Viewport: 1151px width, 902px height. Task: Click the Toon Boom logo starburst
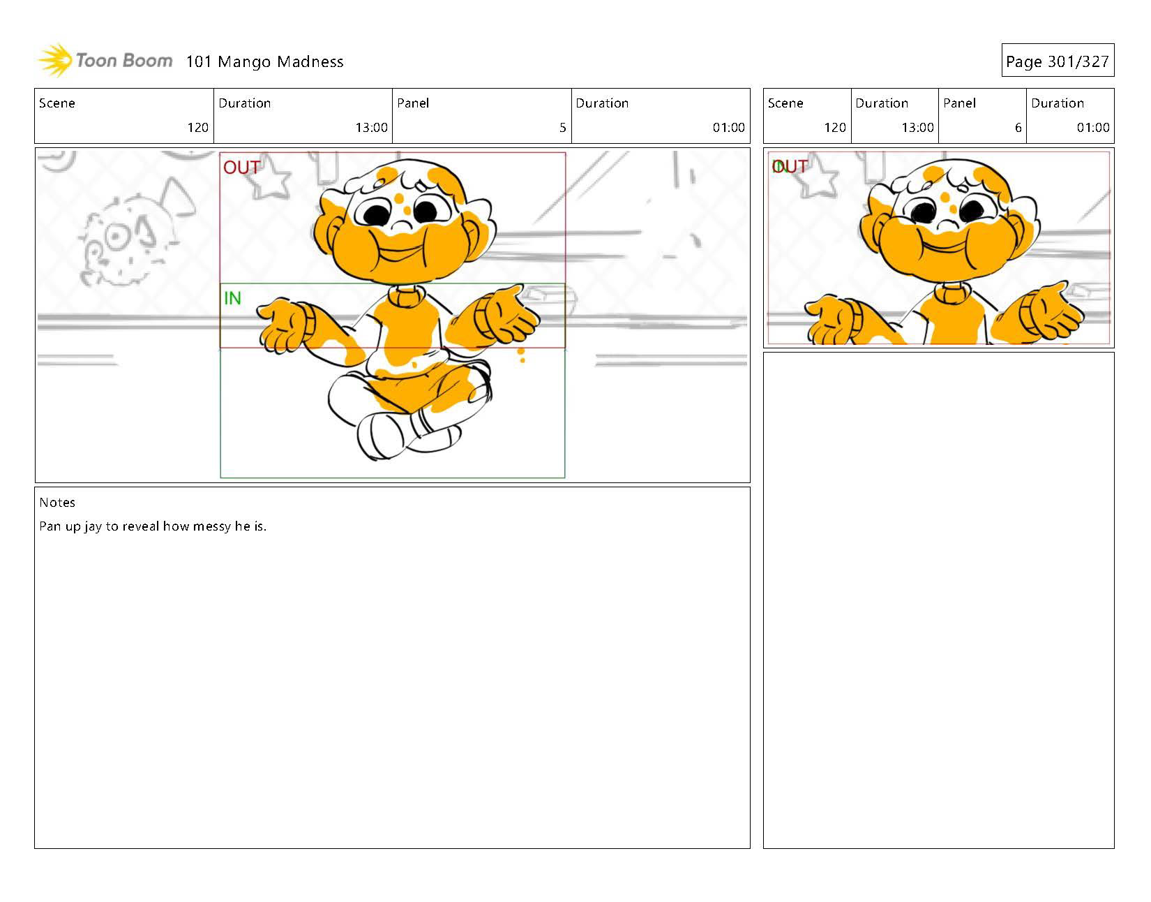(55, 60)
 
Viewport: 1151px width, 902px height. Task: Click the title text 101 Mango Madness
(264, 62)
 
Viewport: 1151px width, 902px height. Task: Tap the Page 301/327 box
(1058, 60)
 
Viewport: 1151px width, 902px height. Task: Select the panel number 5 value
(562, 128)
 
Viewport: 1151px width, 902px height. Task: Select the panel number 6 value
(1018, 128)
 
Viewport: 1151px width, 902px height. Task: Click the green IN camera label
(232, 298)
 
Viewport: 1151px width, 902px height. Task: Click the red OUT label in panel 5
(241, 168)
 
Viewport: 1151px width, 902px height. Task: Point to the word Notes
(57, 503)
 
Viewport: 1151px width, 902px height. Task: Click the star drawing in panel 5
(270, 177)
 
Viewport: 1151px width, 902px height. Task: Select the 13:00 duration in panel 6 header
(917, 128)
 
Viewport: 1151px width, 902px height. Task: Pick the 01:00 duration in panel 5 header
(728, 128)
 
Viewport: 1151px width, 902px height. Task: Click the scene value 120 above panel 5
(197, 128)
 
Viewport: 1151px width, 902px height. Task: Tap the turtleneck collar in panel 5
(406, 296)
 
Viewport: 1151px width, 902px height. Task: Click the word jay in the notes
(93, 527)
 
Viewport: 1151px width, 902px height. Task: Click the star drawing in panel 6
(819, 177)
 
